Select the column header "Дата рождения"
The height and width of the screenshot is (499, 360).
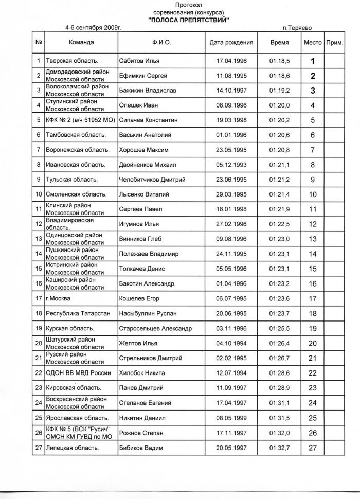pyautogui.click(x=231, y=43)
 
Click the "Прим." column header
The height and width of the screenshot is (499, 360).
pyautogui.click(x=334, y=43)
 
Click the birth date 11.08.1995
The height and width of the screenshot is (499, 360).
pyautogui.click(x=232, y=76)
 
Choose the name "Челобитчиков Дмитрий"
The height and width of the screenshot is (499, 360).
pyautogui.click(x=152, y=180)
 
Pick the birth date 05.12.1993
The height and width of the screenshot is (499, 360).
pyautogui.click(x=232, y=165)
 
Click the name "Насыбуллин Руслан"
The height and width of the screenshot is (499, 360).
pyautogui.click(x=147, y=313)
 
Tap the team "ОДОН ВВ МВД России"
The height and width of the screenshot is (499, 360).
pyautogui.click(x=78, y=373)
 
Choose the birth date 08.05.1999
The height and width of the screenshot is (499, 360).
pyautogui.click(x=232, y=418)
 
